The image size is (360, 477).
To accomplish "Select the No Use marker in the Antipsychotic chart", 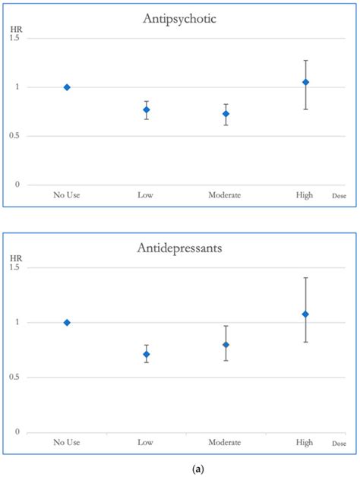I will click(67, 87).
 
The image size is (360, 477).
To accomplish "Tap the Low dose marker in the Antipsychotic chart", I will click(147, 110).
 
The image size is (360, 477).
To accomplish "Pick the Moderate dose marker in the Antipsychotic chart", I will click(226, 114).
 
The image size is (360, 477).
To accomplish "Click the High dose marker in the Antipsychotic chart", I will click(305, 82).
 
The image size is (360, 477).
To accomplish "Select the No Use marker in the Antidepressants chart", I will click(67, 322).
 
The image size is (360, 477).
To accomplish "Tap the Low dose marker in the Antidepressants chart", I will click(147, 354).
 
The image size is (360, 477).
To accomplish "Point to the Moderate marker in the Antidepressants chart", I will click(226, 345).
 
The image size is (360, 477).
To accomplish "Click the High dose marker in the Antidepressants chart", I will click(305, 314).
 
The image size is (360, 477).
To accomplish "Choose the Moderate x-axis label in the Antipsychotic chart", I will click(225, 196).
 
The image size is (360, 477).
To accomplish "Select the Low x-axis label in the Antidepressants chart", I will click(147, 443).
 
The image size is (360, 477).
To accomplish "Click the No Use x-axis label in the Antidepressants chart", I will click(68, 443).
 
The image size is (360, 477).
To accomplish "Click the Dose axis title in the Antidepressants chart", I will click(339, 444).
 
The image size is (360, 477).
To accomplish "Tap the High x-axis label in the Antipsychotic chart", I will click(305, 196).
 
